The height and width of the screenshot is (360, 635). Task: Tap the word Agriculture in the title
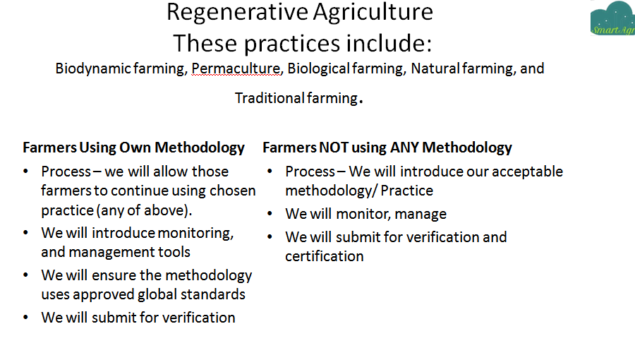click(373, 12)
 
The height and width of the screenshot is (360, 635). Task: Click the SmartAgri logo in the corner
click(612, 18)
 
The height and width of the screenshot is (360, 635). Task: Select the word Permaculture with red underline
click(236, 69)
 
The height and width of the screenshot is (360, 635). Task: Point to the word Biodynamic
click(92, 69)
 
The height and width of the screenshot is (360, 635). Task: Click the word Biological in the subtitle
click(318, 68)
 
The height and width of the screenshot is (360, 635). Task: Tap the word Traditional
click(270, 98)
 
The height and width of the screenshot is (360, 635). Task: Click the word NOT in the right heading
click(334, 148)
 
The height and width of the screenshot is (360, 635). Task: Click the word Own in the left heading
click(135, 148)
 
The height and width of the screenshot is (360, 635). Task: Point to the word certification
click(325, 256)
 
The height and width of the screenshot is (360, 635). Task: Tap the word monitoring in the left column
click(195, 233)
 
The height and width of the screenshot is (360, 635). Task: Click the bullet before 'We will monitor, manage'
click(270, 214)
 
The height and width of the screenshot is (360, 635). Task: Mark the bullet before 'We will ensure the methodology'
click(25, 275)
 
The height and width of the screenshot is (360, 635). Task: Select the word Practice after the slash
click(407, 191)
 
